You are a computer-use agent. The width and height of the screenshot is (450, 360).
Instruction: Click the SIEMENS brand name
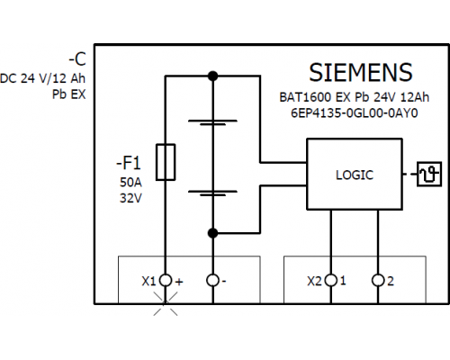[x=361, y=73]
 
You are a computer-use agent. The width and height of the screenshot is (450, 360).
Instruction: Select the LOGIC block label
[x=355, y=175]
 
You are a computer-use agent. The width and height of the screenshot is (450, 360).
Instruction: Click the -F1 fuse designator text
[x=129, y=163]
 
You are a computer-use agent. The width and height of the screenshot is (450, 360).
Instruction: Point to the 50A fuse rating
[x=130, y=183]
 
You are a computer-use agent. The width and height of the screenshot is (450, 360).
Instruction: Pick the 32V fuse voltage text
[x=130, y=198]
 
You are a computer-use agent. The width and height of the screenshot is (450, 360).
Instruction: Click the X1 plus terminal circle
[x=166, y=281]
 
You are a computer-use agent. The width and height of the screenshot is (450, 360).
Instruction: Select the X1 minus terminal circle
[x=212, y=281]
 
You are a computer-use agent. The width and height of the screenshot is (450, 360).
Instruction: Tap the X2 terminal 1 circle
[x=331, y=281]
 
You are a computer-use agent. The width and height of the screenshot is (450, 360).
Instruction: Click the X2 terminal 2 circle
[x=378, y=281]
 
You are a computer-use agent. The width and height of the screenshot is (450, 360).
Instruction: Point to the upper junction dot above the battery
[x=212, y=76]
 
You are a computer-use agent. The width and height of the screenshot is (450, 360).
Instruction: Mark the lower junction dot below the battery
[x=212, y=233]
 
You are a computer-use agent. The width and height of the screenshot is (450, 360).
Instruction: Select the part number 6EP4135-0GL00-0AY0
[x=355, y=113]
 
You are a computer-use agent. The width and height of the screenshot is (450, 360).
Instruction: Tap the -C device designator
[x=77, y=59]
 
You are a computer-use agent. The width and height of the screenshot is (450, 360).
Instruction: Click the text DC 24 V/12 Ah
[x=42, y=78]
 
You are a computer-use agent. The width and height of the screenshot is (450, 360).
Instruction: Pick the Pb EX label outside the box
[x=69, y=94]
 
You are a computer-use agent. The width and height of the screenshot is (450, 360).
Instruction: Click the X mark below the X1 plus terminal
[x=166, y=303]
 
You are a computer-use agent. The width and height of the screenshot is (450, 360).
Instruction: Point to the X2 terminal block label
[x=314, y=282]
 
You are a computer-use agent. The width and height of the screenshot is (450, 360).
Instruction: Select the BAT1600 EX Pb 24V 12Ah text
[x=355, y=97]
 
